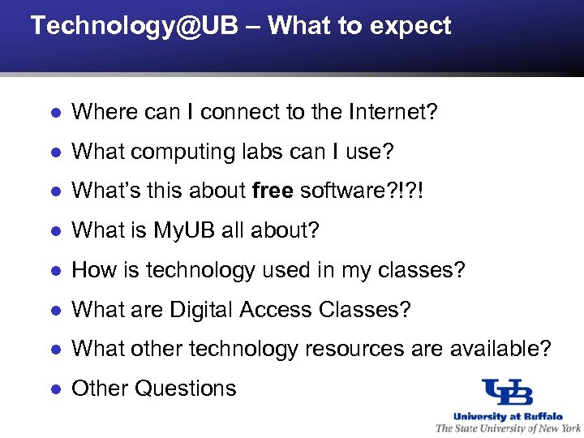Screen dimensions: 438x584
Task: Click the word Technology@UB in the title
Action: pyautogui.click(x=134, y=26)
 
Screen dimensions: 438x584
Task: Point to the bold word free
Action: pyautogui.click(x=273, y=191)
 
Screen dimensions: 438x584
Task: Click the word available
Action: pyautogui.click(x=491, y=350)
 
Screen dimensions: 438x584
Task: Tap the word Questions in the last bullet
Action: pyautogui.click(x=185, y=389)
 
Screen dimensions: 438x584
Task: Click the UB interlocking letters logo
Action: pyautogui.click(x=507, y=393)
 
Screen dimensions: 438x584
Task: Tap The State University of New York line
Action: pyautogui.click(x=508, y=428)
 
